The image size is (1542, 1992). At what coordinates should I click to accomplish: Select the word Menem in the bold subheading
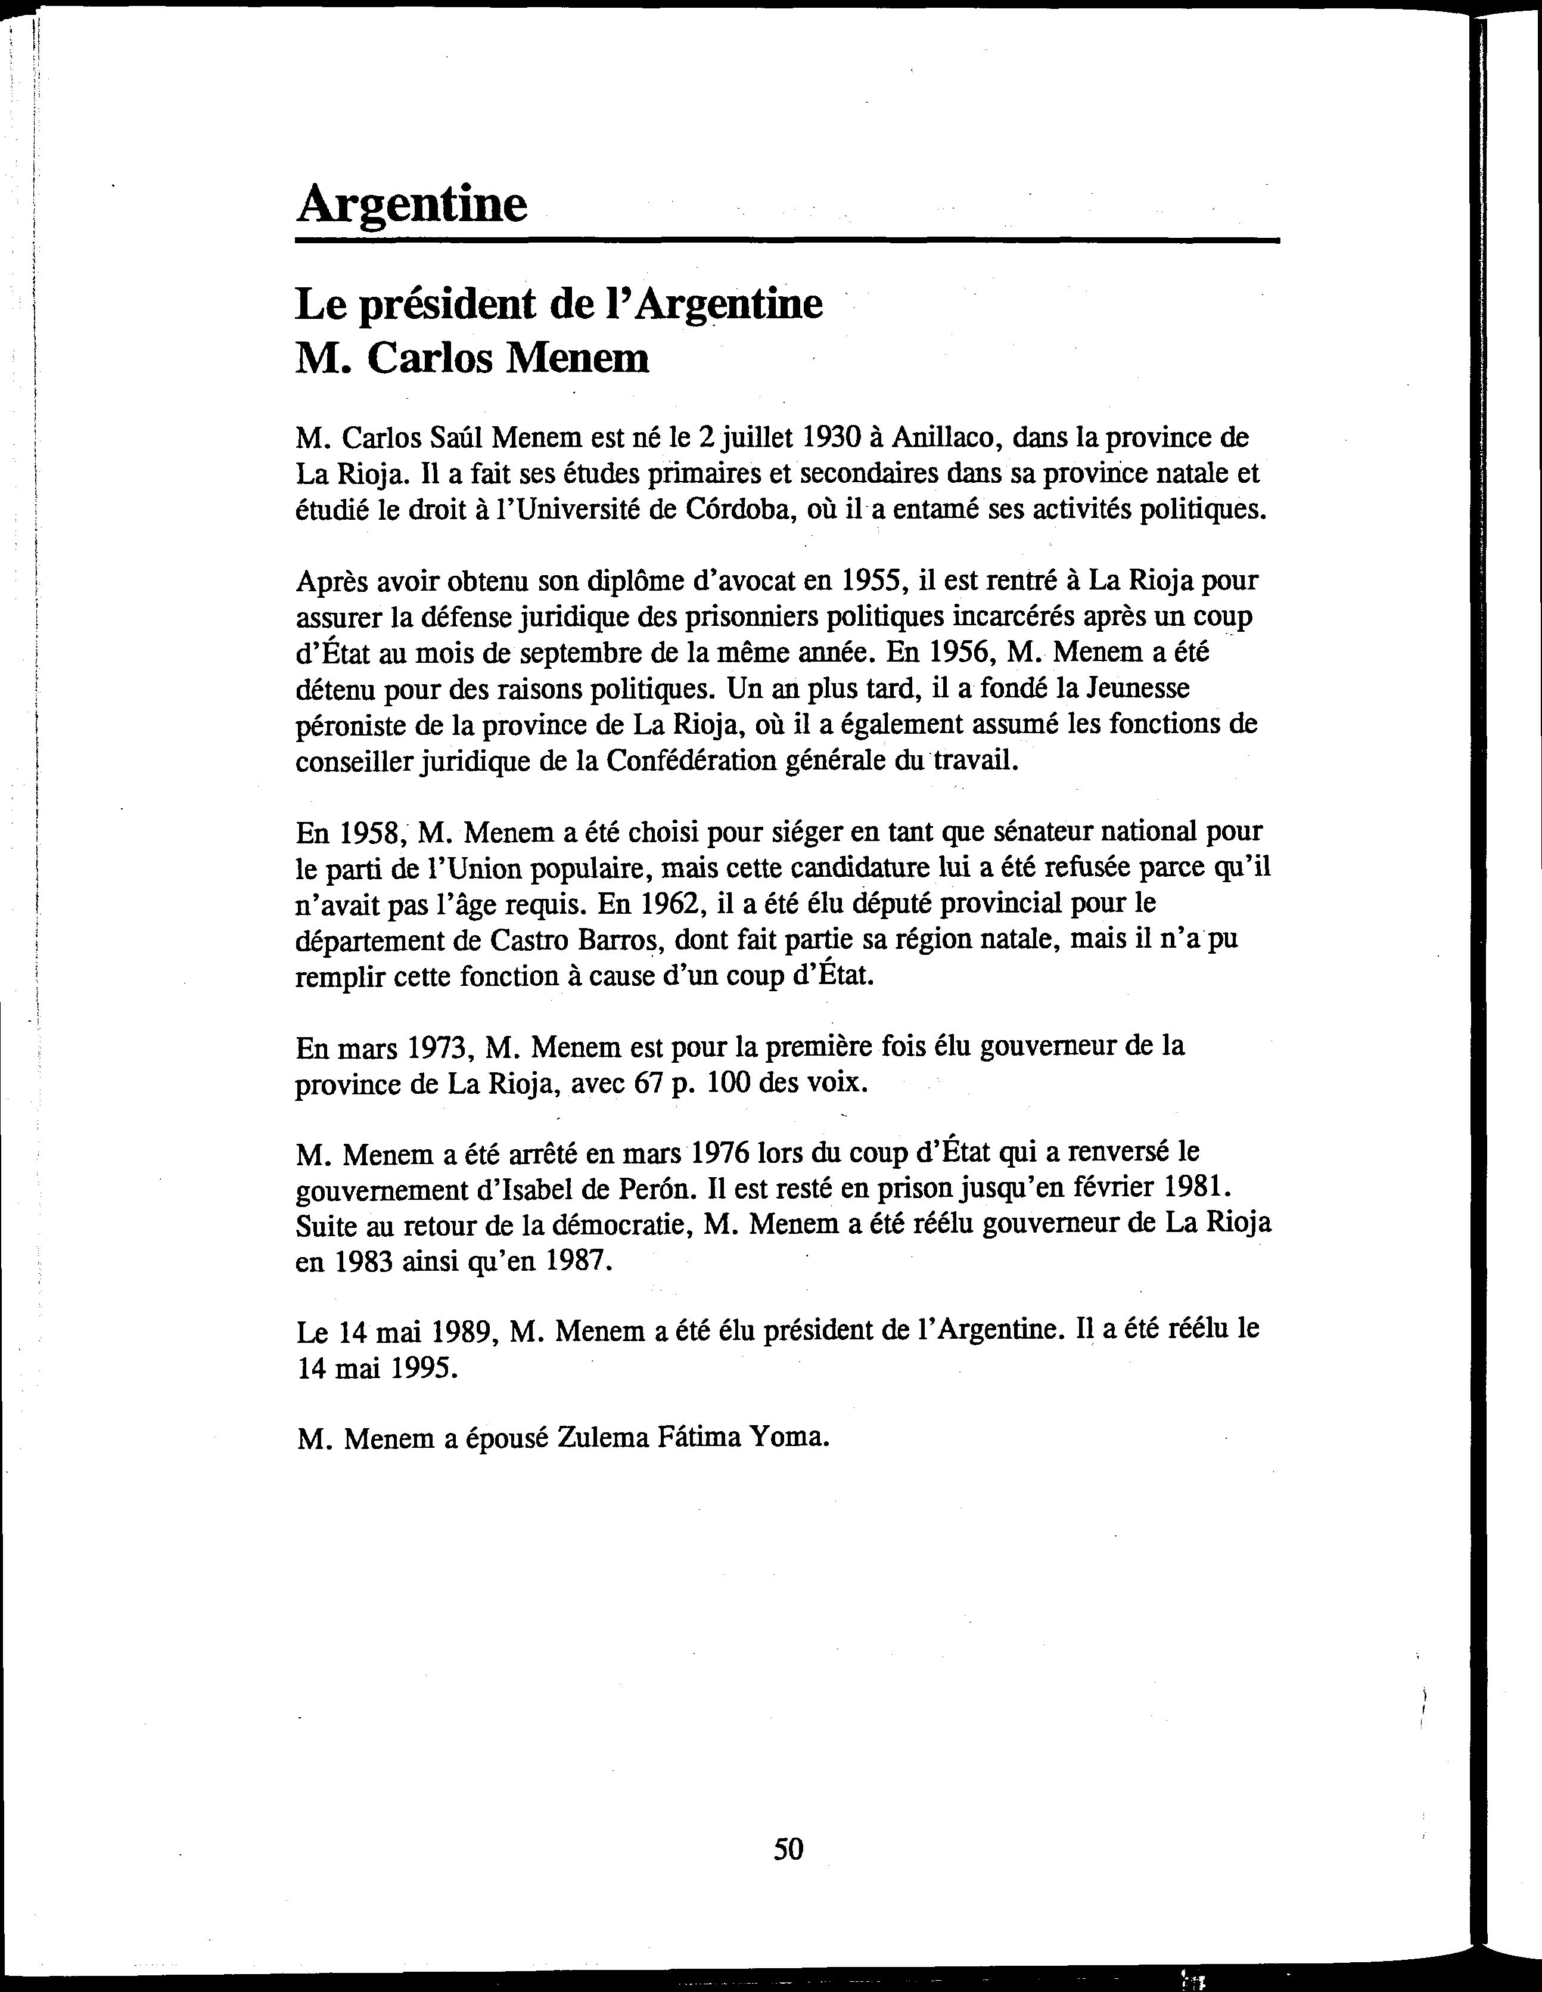[x=577, y=358]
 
